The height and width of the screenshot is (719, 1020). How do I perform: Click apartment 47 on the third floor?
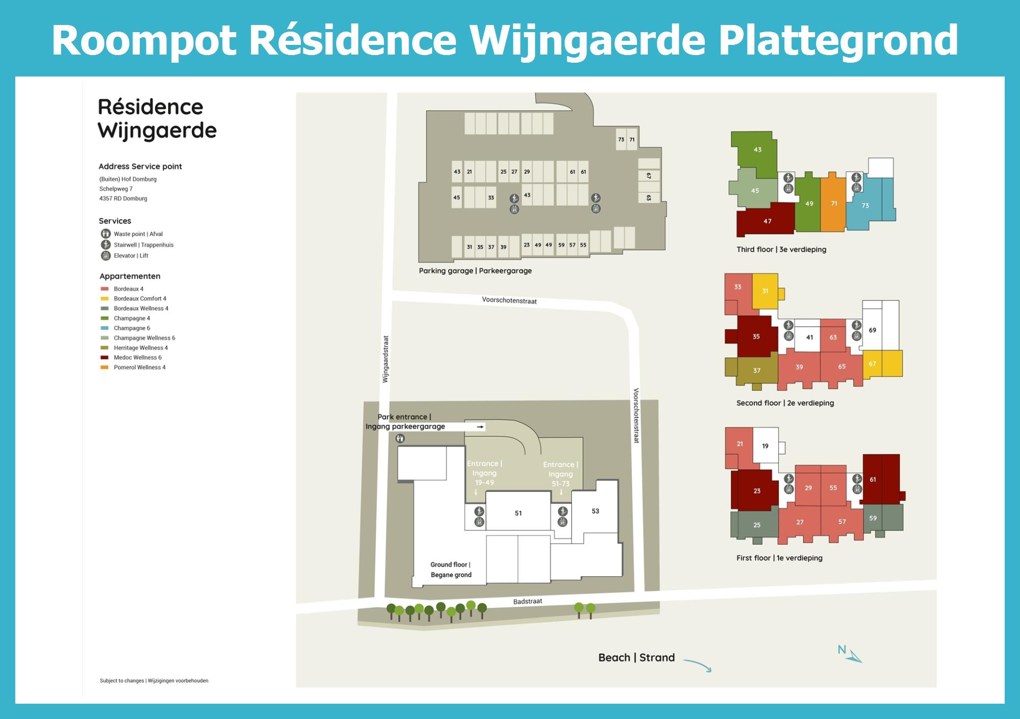(x=766, y=220)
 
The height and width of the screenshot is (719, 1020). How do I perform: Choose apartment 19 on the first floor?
(x=765, y=446)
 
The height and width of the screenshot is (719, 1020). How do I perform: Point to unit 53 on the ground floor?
(x=595, y=511)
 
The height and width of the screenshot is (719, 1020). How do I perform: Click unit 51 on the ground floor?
(x=518, y=513)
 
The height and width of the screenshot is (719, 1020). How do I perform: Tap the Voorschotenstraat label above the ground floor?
(x=509, y=300)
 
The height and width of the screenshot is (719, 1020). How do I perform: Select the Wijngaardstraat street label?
(x=386, y=359)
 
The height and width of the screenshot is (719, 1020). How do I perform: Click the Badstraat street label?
(x=528, y=601)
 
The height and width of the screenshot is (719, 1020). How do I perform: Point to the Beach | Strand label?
(x=636, y=657)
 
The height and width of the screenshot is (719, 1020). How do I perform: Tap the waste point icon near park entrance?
(x=400, y=439)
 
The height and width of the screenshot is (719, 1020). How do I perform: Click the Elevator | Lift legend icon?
(x=106, y=255)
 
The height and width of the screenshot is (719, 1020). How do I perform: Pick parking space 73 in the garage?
(x=621, y=139)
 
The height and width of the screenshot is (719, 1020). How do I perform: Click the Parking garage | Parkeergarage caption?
(x=475, y=271)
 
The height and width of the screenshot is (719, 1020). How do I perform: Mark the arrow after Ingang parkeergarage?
(x=480, y=427)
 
